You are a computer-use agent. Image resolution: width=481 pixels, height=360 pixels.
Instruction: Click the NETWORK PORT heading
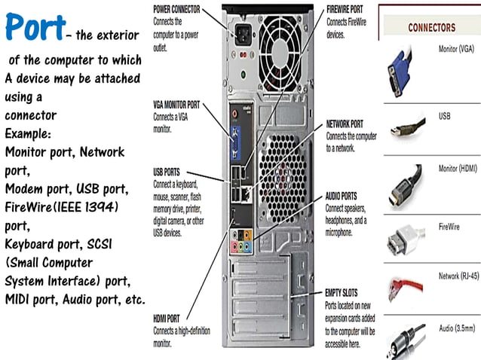point(345,123)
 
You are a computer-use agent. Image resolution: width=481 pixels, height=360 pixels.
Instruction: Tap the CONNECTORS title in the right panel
point(431,28)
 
